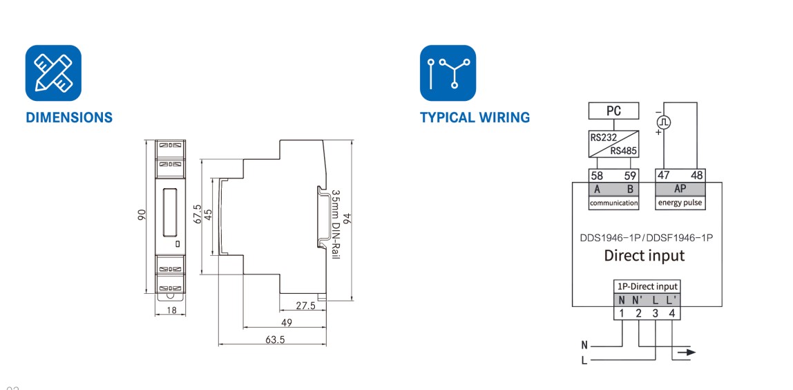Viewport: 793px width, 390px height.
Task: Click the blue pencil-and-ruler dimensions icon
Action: point(53,73)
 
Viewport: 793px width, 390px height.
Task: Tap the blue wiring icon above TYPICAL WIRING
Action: point(448,73)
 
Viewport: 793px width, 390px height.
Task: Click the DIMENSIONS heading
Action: point(69,118)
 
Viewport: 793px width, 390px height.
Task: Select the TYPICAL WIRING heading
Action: point(475,118)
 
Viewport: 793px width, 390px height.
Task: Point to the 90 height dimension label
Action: point(142,215)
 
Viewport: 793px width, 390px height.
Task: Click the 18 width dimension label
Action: point(171,311)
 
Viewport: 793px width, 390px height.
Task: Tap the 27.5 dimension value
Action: point(305,305)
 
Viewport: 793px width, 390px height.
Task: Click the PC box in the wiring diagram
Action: point(613,111)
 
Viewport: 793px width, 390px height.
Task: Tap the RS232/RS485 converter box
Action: point(613,144)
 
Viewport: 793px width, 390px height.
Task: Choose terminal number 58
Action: point(597,176)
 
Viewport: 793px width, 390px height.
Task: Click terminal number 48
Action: point(696,176)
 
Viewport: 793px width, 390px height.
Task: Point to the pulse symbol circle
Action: point(664,122)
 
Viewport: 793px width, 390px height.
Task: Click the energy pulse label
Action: point(680,203)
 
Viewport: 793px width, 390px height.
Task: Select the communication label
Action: point(613,203)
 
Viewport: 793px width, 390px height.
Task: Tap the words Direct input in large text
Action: point(644,255)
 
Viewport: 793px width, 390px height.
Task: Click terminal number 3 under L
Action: point(655,313)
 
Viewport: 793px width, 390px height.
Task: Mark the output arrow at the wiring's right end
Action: point(687,352)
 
